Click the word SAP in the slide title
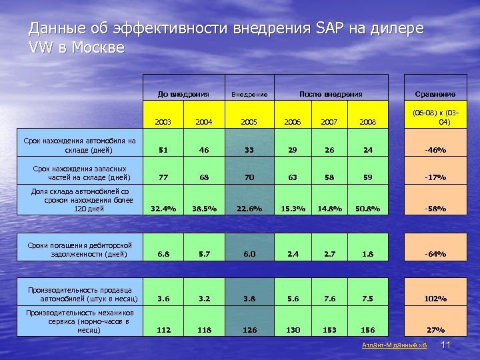click(x=326, y=29)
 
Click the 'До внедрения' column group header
click(x=183, y=94)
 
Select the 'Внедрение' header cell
click(x=249, y=95)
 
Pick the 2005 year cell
click(x=249, y=123)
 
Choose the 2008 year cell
click(x=367, y=123)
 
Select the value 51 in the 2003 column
click(x=163, y=150)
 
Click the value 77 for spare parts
click(x=163, y=178)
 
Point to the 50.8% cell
click(x=367, y=209)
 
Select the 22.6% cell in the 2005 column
click(x=249, y=209)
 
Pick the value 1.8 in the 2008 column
click(x=367, y=254)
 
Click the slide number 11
click(x=447, y=345)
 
